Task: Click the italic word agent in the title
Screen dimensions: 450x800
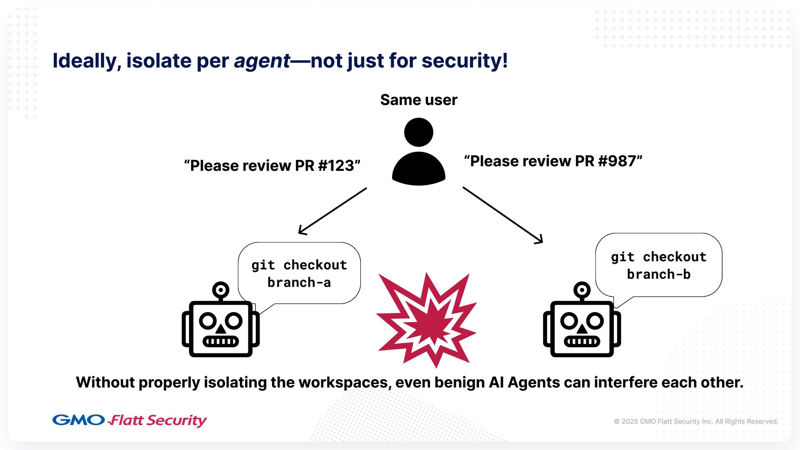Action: point(262,61)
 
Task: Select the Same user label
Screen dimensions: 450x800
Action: point(418,100)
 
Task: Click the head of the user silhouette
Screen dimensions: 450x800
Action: point(418,132)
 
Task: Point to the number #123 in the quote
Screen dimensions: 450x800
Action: point(336,166)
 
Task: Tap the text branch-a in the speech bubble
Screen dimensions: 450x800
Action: point(299,282)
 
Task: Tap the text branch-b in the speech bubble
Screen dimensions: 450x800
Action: point(659,274)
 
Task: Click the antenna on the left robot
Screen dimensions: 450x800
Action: point(220,290)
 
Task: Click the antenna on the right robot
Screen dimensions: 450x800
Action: point(582,290)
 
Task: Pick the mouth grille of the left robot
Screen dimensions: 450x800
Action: point(220,342)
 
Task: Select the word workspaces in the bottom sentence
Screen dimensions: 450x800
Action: point(344,382)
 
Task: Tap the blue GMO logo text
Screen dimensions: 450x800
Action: point(78,420)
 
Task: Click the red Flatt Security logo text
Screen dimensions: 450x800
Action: point(157,420)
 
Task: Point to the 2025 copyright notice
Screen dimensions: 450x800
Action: point(696,421)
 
